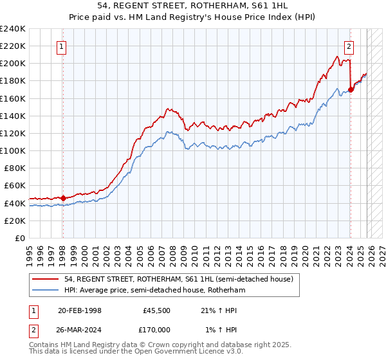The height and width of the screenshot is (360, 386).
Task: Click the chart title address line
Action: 192,6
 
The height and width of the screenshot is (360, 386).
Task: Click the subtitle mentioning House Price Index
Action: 192,17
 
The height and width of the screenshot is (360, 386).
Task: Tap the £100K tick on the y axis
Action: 13,150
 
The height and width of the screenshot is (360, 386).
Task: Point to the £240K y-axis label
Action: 13,29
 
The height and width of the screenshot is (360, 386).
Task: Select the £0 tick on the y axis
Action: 19,238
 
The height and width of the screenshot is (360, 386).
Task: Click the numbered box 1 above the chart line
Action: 62,46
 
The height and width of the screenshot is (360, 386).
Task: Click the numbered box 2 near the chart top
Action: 349,46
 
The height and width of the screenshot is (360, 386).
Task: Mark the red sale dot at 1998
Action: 63,198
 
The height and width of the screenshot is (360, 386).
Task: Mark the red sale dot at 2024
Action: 351,89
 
